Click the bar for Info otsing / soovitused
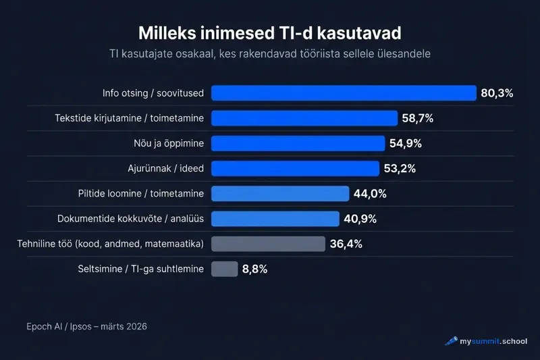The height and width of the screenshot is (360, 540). pos(344,93)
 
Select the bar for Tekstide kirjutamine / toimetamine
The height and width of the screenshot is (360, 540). pos(304,118)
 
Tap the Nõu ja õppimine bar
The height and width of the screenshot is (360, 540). pos(298,143)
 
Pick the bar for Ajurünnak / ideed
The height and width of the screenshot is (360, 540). pos(295,168)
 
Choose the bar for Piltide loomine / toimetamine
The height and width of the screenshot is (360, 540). pos(280,193)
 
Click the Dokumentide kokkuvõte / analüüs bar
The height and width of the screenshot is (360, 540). pos(275,218)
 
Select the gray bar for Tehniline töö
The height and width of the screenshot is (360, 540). pos(269,243)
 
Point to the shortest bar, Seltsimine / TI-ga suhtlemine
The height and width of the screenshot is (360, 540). pos(225,269)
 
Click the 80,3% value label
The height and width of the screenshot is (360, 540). pos(497,93)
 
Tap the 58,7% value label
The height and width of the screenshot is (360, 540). pos(417,118)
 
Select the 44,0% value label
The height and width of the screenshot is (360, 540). pos(370,194)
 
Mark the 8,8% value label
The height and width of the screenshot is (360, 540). pos(254,269)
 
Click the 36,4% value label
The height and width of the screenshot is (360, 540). pos(346,244)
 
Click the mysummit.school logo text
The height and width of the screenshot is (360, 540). pos(493,341)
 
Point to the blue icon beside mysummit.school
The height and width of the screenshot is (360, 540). pos(451,341)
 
